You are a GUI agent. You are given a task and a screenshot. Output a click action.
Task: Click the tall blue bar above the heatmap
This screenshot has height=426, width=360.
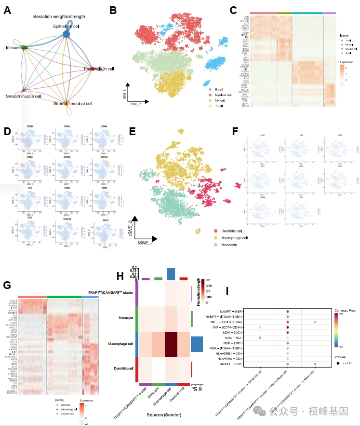(171, 274)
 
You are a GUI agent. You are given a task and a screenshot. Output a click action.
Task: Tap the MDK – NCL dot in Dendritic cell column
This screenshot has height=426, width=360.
(260, 338)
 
